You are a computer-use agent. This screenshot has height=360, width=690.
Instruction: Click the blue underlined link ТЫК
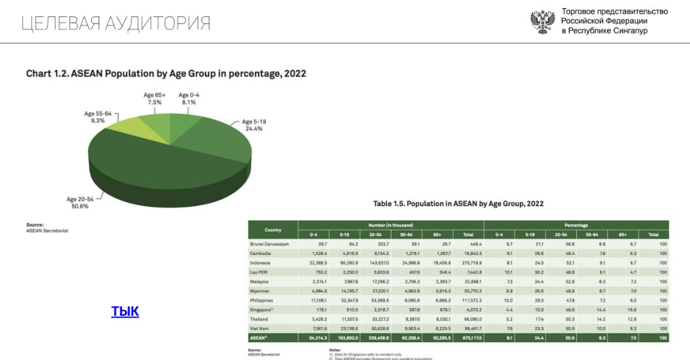(125, 311)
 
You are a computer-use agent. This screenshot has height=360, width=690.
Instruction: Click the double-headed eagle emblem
(542, 22)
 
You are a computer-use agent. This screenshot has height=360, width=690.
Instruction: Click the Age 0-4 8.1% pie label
(188, 98)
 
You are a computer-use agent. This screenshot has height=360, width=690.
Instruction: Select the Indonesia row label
(260, 263)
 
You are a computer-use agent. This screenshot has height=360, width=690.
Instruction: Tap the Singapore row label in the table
(263, 310)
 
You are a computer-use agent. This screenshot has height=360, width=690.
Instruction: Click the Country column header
(273, 230)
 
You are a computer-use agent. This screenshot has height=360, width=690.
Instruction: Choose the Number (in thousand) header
(390, 225)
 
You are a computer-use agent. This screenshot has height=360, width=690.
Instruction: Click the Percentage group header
(576, 225)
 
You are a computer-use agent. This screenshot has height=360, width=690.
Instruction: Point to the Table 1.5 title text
(459, 204)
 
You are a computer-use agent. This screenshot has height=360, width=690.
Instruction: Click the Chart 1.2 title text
(166, 73)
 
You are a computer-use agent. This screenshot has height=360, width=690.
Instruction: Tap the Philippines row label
(261, 301)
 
